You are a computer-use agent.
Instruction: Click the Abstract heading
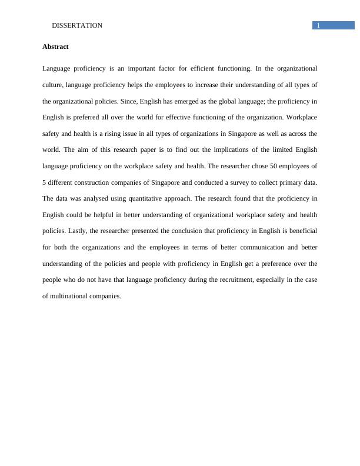coord(55,46)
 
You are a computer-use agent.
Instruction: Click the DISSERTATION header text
coord(77,25)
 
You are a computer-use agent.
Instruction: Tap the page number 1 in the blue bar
coord(318,25)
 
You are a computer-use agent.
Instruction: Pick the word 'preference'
coord(282,263)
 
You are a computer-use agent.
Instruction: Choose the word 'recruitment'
coord(232,279)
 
